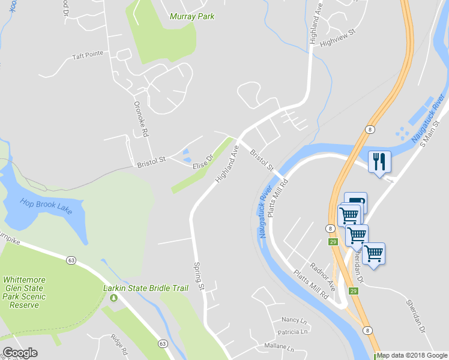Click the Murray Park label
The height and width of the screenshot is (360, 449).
[191, 16]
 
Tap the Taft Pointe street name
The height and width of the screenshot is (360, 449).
[88, 55]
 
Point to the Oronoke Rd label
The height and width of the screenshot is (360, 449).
[140, 118]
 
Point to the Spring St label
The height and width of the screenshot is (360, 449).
[199, 276]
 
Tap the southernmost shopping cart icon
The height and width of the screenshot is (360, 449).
[373, 254]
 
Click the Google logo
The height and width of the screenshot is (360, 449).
[20, 353]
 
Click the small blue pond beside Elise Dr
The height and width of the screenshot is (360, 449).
[186, 155]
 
